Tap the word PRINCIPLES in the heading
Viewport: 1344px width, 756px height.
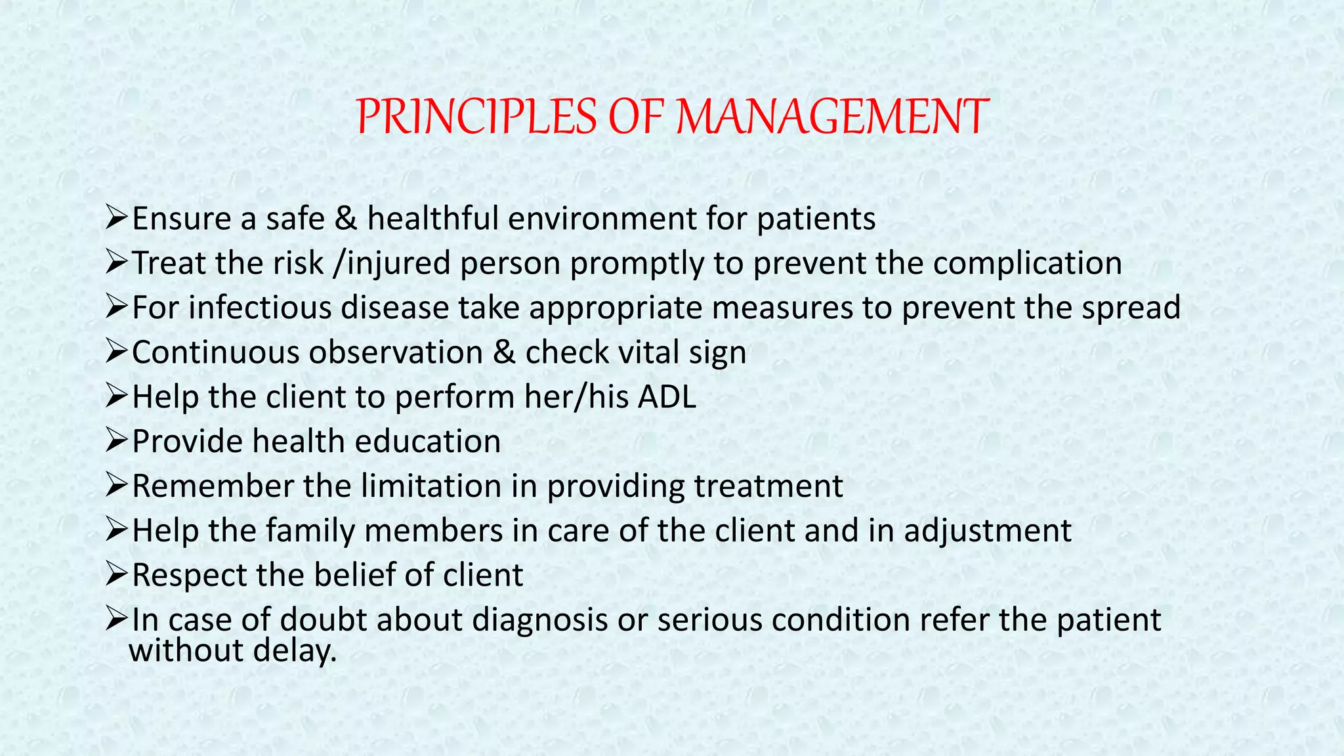(476, 117)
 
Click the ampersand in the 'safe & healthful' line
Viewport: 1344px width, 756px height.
(345, 219)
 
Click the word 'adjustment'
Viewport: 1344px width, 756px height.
(988, 531)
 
